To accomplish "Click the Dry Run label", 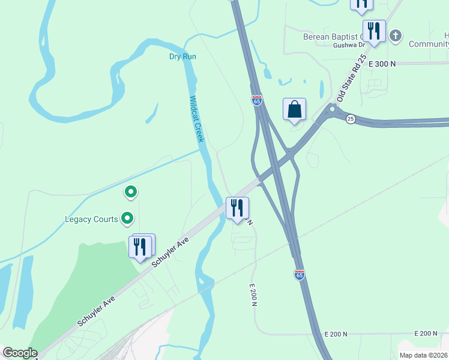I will point(182,56).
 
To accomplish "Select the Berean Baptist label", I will point(334,37).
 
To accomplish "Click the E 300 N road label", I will point(382,63).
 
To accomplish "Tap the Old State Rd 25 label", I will point(351,78).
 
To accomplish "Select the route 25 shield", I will point(351,119).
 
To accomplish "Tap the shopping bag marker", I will point(294,110).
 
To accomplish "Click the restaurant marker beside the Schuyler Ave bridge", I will point(237,208).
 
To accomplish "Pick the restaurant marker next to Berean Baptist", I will point(373,31).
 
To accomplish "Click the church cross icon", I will point(395,35).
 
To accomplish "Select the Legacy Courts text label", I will point(91,219).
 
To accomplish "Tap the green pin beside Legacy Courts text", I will point(127,219).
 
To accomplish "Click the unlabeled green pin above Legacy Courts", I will point(130,193).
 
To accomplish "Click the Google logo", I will point(20,353).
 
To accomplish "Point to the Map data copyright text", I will point(423,355).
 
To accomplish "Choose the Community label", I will point(429,44).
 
